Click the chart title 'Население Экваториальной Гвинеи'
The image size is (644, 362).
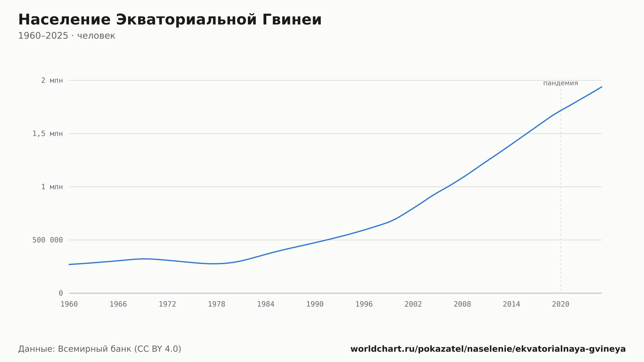170,20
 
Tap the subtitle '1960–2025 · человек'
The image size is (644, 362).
67,36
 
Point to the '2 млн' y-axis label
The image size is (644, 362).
52,81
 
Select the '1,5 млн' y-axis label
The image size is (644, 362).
48,134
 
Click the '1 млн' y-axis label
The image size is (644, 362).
52,187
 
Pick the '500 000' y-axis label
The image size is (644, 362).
48,240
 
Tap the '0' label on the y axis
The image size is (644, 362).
61,293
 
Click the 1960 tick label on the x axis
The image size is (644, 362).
69,304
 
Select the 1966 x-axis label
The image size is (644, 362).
118,304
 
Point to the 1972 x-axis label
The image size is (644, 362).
167,304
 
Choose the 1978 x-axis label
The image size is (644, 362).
217,304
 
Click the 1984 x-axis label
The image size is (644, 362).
266,304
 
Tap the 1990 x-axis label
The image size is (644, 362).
315,304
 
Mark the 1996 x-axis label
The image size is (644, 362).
364,304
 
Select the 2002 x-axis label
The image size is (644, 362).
413,304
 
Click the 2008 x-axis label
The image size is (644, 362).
462,304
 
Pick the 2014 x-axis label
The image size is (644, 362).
511,304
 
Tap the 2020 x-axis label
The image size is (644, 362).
561,304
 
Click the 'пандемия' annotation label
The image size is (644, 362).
561,83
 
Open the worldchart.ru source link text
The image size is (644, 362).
488,349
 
